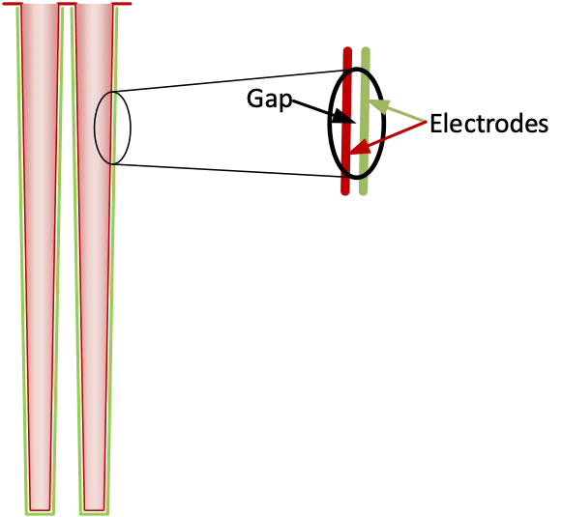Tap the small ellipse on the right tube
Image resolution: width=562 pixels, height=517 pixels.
pyautogui.click(x=112, y=128)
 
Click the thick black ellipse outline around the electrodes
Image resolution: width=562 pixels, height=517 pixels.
pyautogui.click(x=332, y=126)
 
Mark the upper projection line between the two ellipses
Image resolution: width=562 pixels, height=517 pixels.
pyautogui.click(x=232, y=80)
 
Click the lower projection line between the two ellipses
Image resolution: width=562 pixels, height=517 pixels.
pyautogui.click(x=232, y=170)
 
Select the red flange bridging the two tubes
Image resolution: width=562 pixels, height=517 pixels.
pyautogui.click(x=67, y=4)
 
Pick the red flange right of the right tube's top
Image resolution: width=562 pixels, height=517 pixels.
pyautogui.click(x=123, y=4)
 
